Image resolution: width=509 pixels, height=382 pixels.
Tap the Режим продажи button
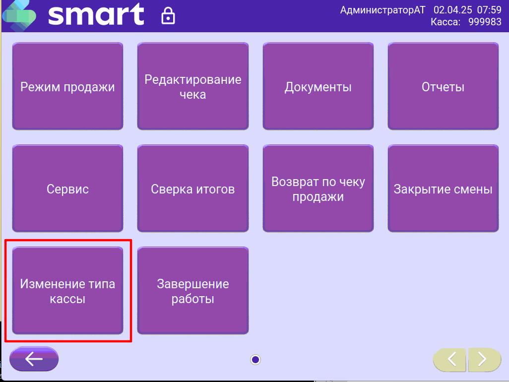(x=67, y=86)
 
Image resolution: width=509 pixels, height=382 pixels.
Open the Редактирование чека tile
(x=193, y=86)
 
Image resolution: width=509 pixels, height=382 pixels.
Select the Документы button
(x=318, y=86)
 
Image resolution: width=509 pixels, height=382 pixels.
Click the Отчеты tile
(x=443, y=86)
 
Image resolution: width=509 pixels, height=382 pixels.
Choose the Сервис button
(x=67, y=189)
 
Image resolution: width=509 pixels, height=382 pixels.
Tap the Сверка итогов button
(x=193, y=189)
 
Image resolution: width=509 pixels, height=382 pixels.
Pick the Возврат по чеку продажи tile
(x=318, y=189)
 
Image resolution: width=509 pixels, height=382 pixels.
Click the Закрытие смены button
(x=443, y=189)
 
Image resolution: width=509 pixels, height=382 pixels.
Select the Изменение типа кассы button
(x=67, y=291)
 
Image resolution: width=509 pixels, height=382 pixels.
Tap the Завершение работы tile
(x=193, y=291)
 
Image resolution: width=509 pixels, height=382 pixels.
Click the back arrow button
(x=34, y=359)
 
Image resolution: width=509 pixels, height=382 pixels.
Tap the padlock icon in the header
(x=168, y=16)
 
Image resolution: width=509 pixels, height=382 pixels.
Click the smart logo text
(x=96, y=14)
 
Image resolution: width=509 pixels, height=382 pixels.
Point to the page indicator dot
(x=255, y=360)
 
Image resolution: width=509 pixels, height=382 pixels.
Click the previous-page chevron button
(x=450, y=360)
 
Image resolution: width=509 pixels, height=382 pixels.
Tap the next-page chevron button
(x=484, y=360)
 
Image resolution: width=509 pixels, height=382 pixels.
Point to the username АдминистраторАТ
(x=382, y=10)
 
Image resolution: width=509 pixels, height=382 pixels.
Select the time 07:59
(x=489, y=10)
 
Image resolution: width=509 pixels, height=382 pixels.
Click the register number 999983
(x=485, y=22)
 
